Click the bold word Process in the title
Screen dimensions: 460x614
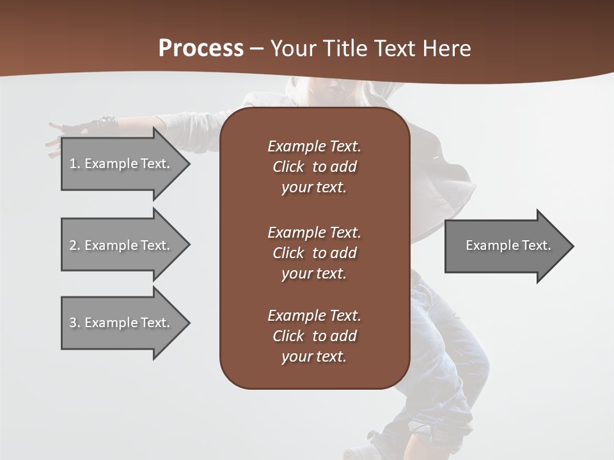click(x=201, y=49)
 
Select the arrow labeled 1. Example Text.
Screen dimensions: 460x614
click(x=122, y=164)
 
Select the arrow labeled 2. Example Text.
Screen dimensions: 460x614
click(x=122, y=245)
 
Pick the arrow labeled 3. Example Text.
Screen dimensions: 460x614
click(x=122, y=323)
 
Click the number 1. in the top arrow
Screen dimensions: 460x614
click(x=74, y=164)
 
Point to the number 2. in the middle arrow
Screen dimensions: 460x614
click(x=74, y=245)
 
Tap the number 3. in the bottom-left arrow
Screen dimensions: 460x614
click(x=74, y=323)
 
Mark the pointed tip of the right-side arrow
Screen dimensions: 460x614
click(x=571, y=246)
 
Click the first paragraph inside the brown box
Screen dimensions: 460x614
click(x=314, y=167)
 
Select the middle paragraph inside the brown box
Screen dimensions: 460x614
click(x=314, y=253)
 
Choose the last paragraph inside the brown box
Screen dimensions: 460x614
click(x=314, y=336)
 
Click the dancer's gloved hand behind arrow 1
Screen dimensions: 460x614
click(x=102, y=124)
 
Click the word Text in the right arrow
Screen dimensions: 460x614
click(x=536, y=245)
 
